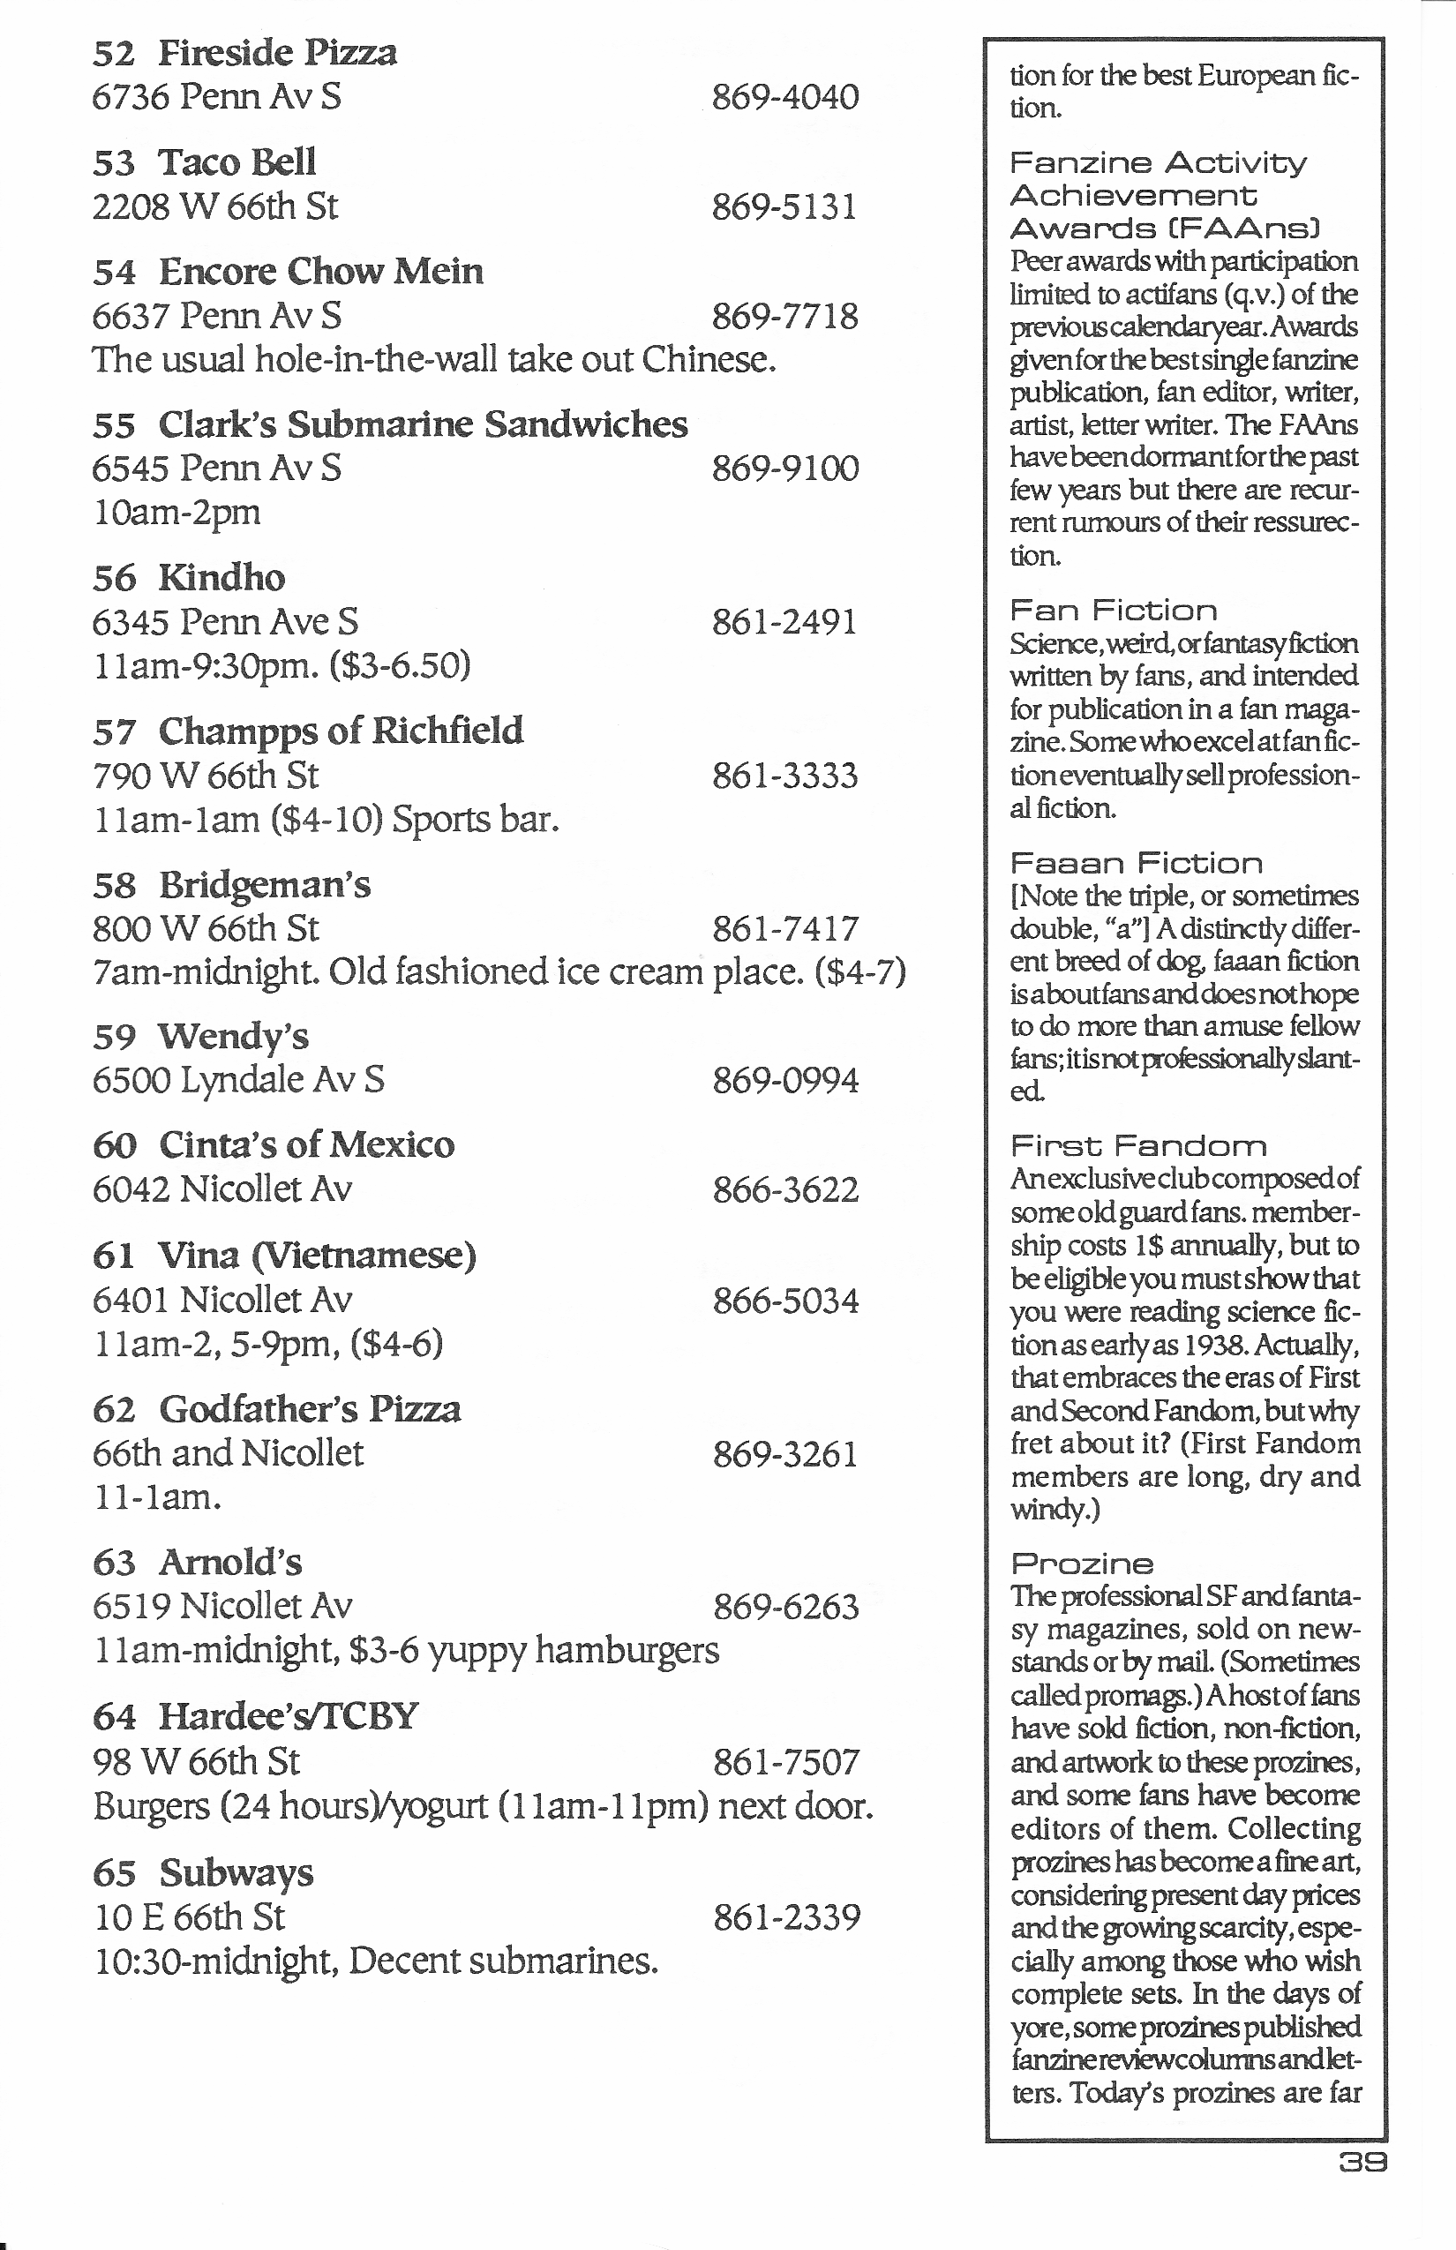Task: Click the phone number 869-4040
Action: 784,97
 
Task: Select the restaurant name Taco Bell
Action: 236,162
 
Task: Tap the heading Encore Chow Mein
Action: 320,273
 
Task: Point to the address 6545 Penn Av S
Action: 216,469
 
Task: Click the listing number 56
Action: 115,579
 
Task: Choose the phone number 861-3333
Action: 784,776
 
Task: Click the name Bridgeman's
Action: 265,886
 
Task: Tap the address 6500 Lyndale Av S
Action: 238,1080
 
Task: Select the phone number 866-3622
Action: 784,1190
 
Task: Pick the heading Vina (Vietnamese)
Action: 317,1256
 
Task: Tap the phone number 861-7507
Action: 785,1762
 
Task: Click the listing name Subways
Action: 236,1872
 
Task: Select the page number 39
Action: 1362,2161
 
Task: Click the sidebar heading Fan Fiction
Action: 1113,611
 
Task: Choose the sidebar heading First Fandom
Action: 1137,1147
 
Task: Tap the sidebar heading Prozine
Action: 1082,1564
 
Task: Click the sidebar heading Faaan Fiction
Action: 1136,863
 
